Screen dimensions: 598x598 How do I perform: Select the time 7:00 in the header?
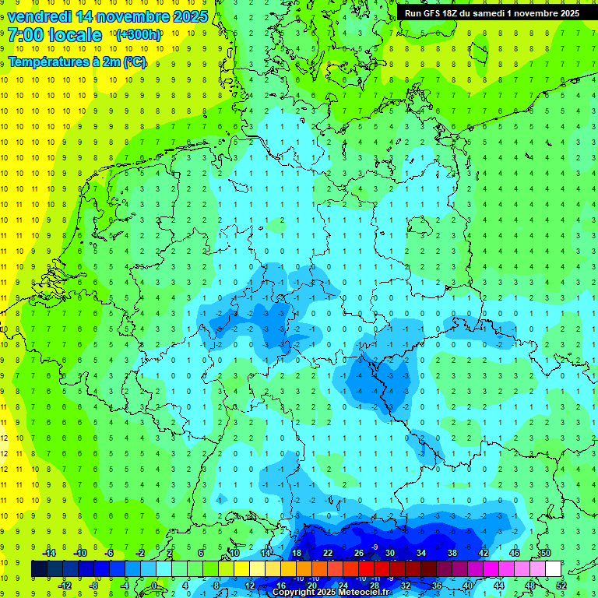coord(26,35)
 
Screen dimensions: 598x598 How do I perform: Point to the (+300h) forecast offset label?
coord(139,35)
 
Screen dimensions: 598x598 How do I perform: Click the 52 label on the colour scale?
coord(561,586)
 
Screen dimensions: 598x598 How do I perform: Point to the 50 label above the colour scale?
coord(545,553)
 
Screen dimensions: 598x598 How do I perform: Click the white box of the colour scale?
coord(553,569)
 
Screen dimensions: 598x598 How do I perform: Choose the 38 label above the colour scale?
coord(452,553)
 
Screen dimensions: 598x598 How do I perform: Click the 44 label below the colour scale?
coord(498,586)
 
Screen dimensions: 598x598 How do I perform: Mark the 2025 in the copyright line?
coord(331,593)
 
